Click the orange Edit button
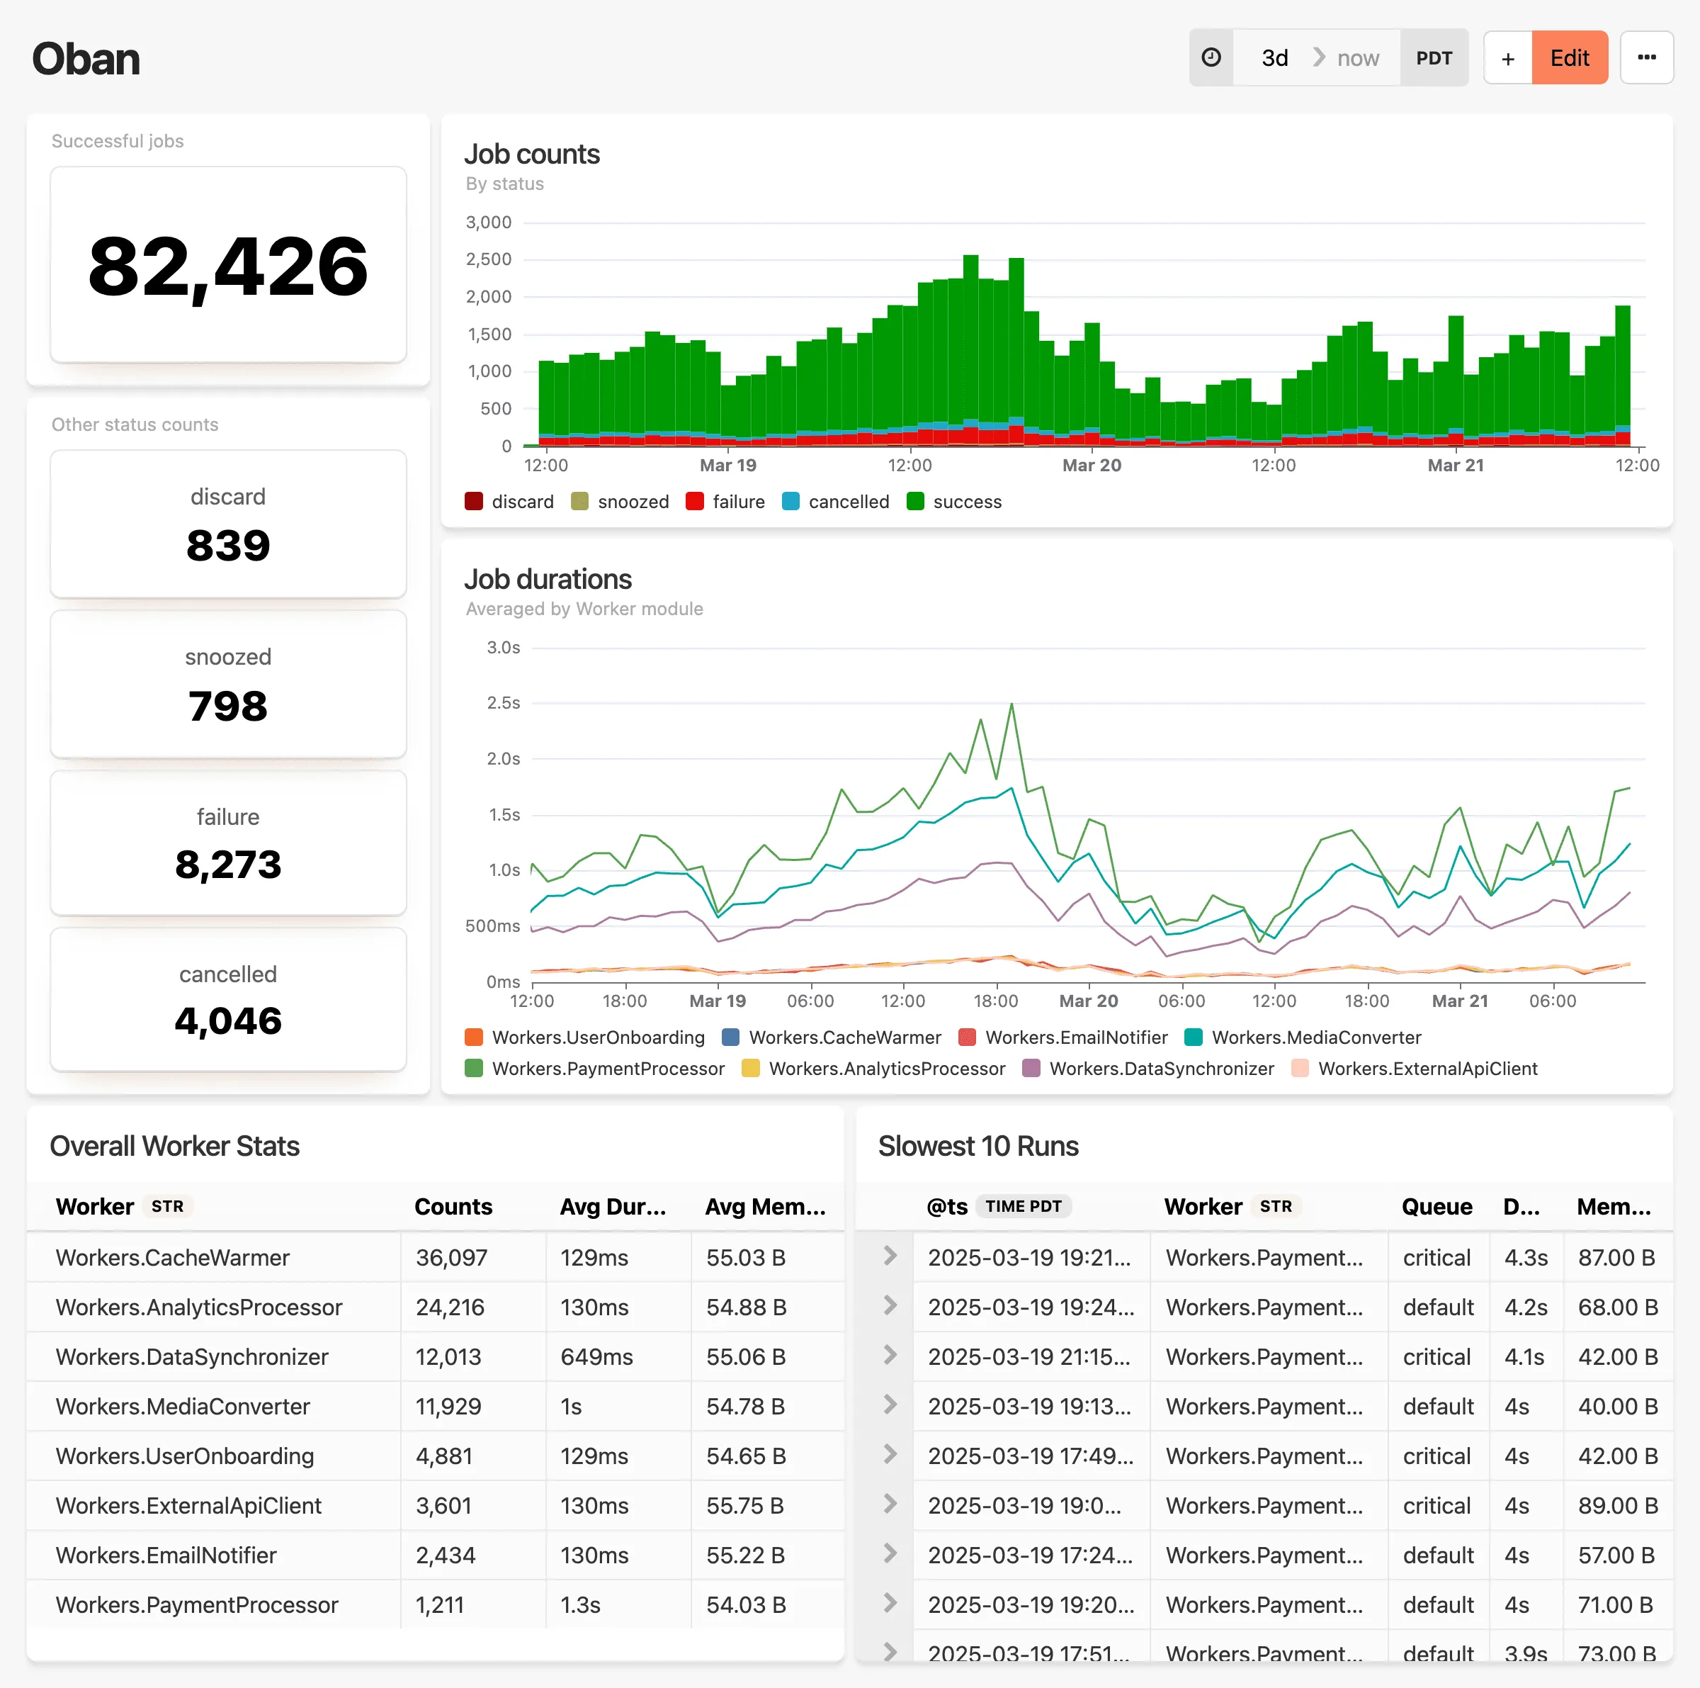click(x=1569, y=58)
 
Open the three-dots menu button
click(x=1645, y=58)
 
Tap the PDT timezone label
click(x=1434, y=58)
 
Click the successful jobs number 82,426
click(x=228, y=266)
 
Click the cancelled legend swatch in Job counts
click(x=790, y=502)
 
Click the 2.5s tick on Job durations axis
click(x=504, y=703)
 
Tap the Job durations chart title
click(x=548, y=579)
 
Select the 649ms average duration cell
click(x=596, y=1357)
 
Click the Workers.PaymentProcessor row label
click(x=197, y=1605)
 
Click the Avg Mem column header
click(x=765, y=1207)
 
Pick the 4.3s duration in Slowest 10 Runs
click(x=1525, y=1258)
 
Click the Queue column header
click(x=1436, y=1207)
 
